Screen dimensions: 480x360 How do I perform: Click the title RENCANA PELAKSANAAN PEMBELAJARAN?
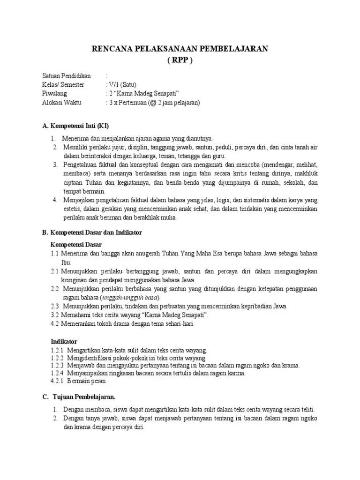[x=180, y=48]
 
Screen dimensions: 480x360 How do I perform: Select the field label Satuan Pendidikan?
[x=67, y=76]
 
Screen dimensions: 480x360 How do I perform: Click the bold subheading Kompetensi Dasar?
[x=76, y=245]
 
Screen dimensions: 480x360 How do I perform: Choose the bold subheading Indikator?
[x=64, y=341]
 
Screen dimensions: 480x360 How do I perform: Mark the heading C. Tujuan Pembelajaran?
[x=79, y=397]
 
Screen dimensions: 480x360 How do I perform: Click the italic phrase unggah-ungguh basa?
[x=130, y=298]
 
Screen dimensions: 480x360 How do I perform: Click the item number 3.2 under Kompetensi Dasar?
[x=54, y=315]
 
